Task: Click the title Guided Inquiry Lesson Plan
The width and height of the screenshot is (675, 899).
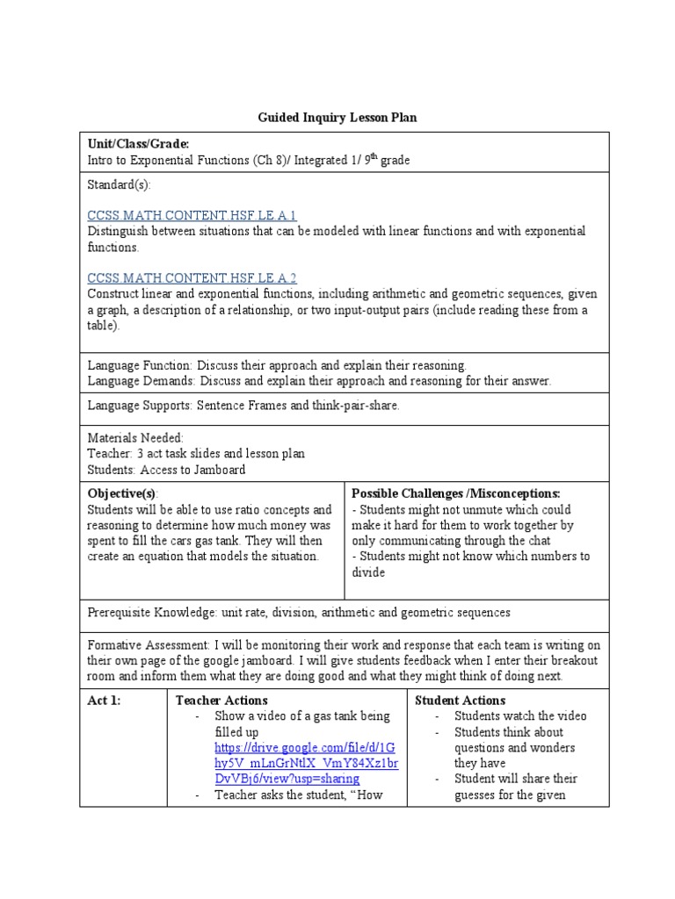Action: (x=337, y=117)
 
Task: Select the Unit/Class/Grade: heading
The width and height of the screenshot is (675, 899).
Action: (x=138, y=144)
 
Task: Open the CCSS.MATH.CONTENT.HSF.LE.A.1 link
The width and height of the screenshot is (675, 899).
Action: (x=192, y=215)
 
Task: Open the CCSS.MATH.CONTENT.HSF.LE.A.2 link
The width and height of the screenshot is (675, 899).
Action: (x=192, y=277)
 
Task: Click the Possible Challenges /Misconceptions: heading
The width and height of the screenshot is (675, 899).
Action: (x=455, y=493)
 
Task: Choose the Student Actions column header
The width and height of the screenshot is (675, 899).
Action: (x=460, y=700)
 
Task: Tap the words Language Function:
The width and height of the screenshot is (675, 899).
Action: (x=140, y=364)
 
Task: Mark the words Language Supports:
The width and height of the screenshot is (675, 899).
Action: (x=140, y=405)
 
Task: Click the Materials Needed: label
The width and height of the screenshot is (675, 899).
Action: (x=134, y=437)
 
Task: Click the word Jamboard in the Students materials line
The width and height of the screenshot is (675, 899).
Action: (x=218, y=469)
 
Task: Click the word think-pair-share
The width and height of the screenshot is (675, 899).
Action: (x=357, y=405)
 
